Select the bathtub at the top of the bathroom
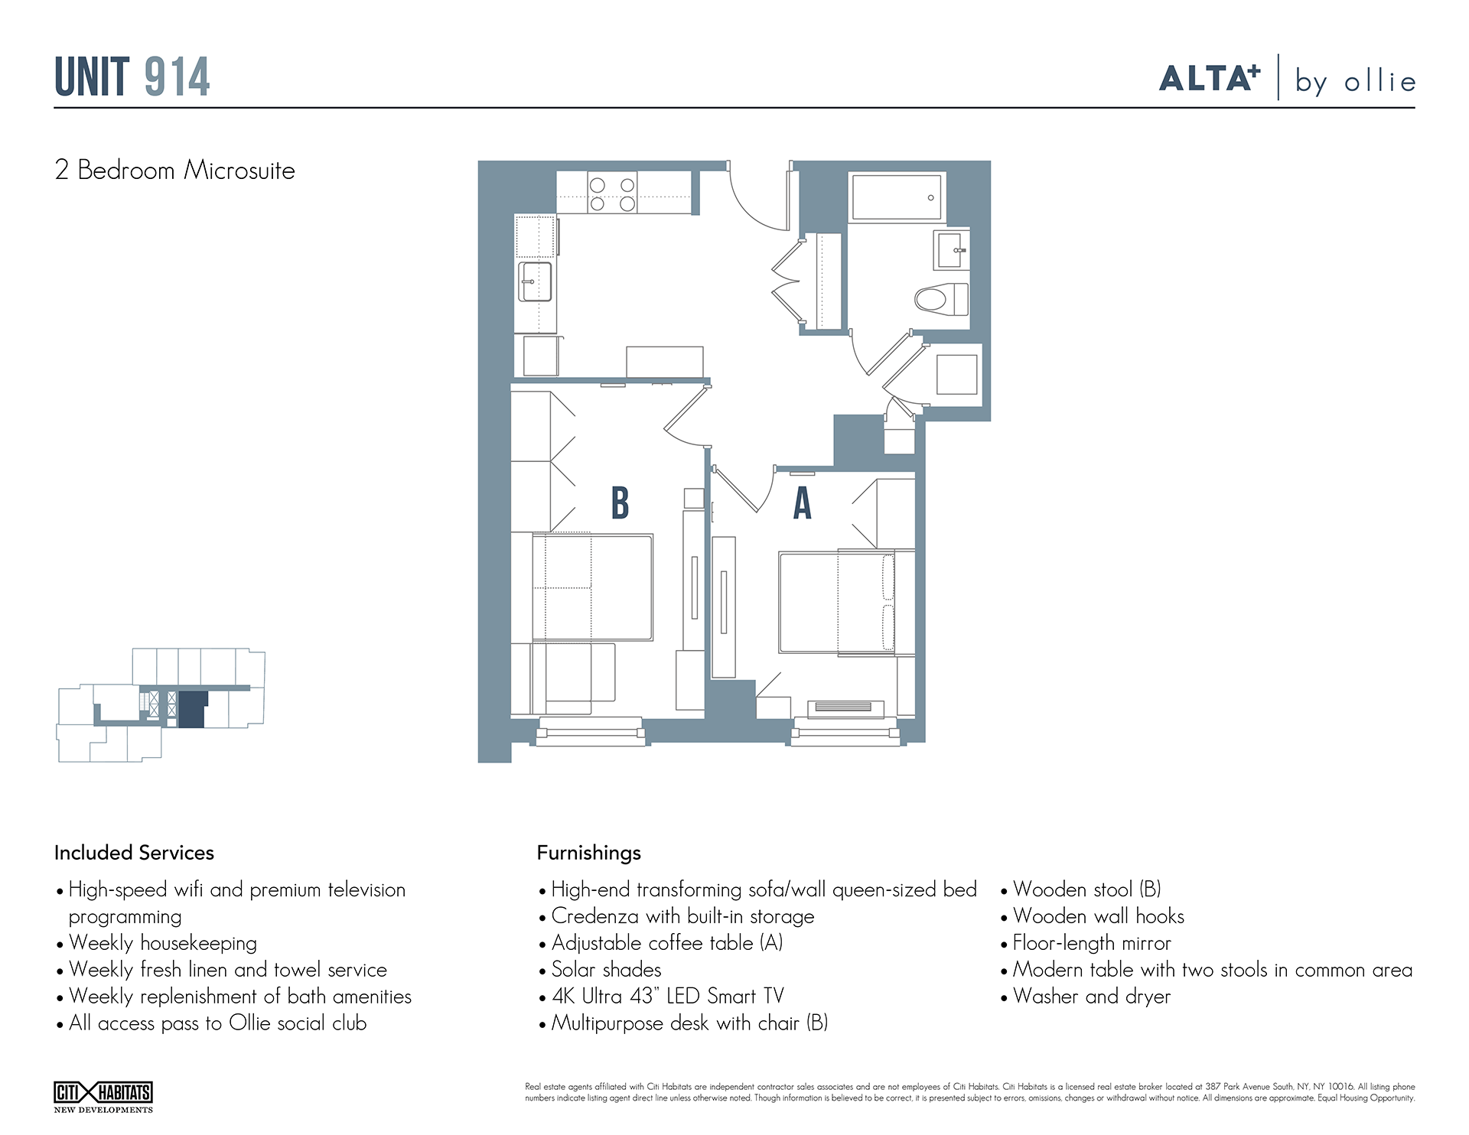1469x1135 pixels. (897, 197)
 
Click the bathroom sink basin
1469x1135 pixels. (950, 250)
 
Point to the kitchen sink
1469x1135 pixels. (535, 281)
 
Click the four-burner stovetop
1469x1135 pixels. (612, 194)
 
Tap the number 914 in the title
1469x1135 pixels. (177, 77)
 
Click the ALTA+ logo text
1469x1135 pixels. (1209, 79)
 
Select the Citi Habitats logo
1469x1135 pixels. (103, 1095)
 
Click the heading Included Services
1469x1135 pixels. (134, 853)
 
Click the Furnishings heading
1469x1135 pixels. (588, 853)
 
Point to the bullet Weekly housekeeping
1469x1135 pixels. (162, 943)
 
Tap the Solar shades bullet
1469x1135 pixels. (606, 970)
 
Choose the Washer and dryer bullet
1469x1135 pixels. (1091, 997)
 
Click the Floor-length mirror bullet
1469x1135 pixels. (1091, 943)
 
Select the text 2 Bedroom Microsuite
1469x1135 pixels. (174, 171)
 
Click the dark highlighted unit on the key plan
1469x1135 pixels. (193, 708)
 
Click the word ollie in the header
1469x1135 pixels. (1379, 82)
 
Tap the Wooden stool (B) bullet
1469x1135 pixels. (1086, 889)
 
